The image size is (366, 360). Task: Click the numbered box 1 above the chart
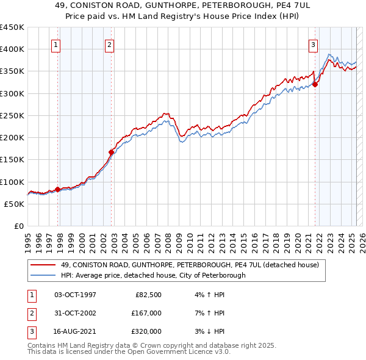click(x=56, y=44)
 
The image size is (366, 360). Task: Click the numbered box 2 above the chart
click(x=109, y=44)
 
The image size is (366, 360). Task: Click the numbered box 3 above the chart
click(x=312, y=44)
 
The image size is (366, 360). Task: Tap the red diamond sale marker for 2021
click(x=315, y=85)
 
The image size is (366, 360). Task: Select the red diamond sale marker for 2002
click(x=112, y=153)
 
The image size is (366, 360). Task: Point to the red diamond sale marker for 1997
click(x=58, y=190)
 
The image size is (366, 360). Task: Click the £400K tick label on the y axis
click(x=12, y=49)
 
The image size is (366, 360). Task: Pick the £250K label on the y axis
click(x=12, y=115)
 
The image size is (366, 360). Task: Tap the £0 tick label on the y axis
click(x=19, y=226)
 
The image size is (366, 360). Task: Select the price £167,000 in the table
click(x=146, y=313)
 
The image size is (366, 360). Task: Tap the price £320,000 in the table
click(x=146, y=331)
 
